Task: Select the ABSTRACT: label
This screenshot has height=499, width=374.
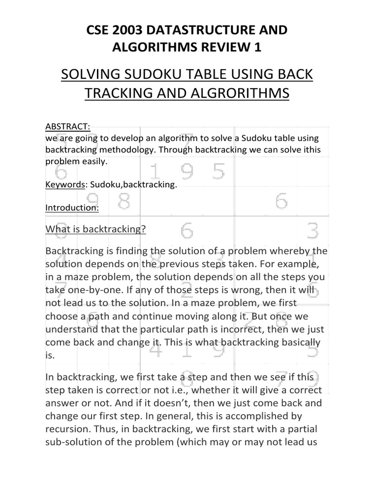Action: pyautogui.click(x=67, y=126)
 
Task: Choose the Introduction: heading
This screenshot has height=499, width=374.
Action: pyautogui.click(x=72, y=208)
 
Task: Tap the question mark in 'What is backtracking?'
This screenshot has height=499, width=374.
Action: pyautogui.click(x=144, y=229)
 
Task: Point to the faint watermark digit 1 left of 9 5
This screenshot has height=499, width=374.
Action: pyautogui.click(x=154, y=172)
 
